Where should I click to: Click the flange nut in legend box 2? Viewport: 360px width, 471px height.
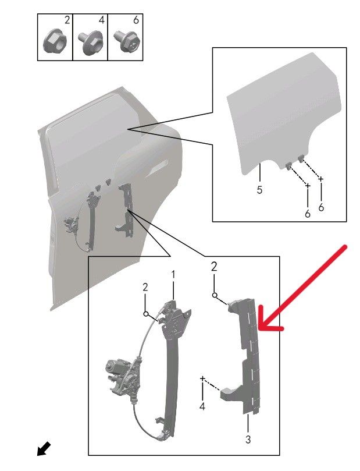(x=55, y=42)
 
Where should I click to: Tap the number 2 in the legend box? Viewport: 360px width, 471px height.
(x=67, y=20)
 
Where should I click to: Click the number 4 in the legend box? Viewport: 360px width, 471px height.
(x=102, y=20)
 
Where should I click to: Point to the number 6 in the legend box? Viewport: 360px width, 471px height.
(x=136, y=20)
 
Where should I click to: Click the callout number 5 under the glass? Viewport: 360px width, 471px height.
(x=259, y=190)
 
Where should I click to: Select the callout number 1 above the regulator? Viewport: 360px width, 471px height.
(x=173, y=274)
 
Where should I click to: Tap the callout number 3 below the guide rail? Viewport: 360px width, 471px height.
(x=248, y=440)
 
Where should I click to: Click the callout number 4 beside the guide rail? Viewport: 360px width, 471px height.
(x=202, y=406)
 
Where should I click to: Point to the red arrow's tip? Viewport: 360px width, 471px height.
(x=258, y=328)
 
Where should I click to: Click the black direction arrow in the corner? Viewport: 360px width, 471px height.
(x=44, y=449)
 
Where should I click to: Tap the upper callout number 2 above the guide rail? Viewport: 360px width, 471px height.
(x=213, y=267)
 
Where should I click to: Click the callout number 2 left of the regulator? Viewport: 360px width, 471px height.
(x=145, y=288)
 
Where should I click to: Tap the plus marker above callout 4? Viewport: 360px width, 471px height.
(x=202, y=379)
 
